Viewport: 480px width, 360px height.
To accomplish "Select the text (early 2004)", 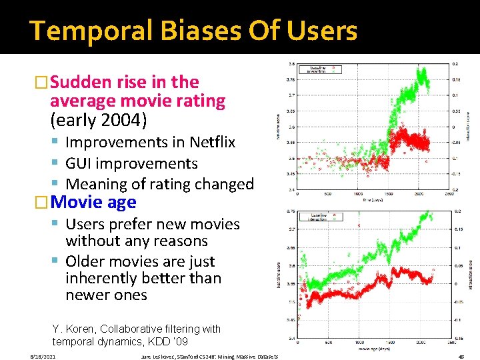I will [x=99, y=121].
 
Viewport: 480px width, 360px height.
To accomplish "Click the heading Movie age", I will [x=93, y=202].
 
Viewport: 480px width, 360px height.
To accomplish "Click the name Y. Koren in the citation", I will [x=71, y=329].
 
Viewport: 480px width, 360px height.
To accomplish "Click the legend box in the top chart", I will [x=323, y=69].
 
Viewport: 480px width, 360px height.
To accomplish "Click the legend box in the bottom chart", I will [x=323, y=215].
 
